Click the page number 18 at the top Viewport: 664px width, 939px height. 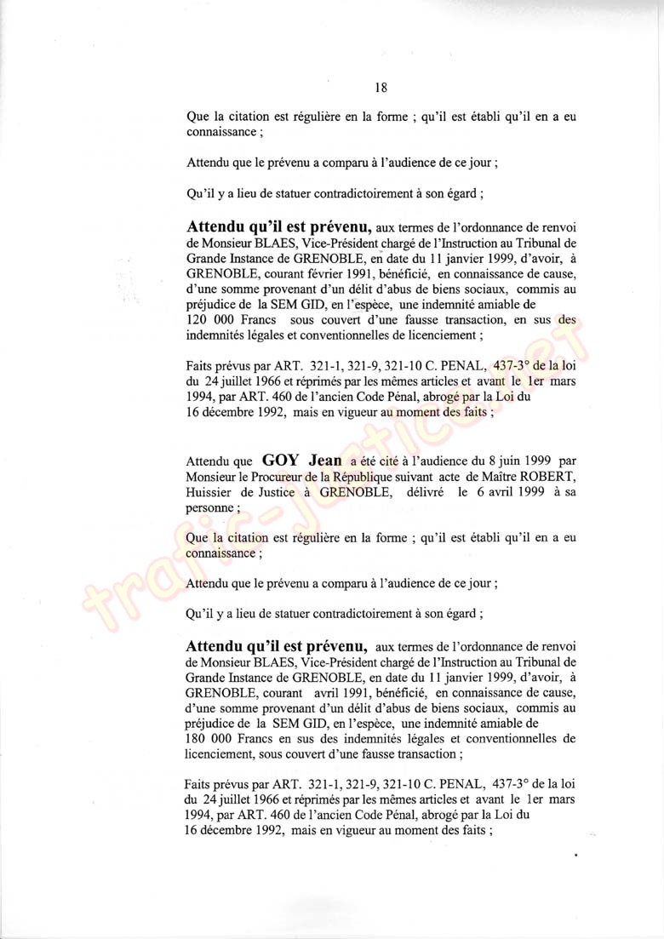pos(381,86)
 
